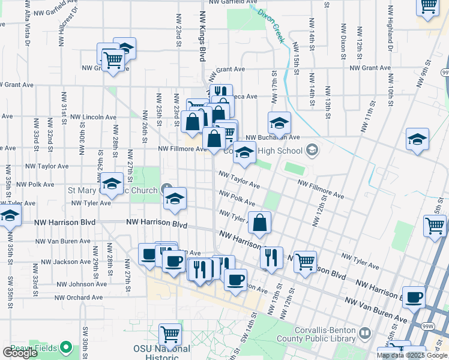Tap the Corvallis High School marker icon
pos(312,149)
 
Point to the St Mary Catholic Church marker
pos(167,190)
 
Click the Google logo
pos(20,353)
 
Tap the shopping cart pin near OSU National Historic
pos(170,334)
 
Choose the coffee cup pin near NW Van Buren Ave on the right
pos(413,297)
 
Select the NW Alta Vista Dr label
pos(28,23)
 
